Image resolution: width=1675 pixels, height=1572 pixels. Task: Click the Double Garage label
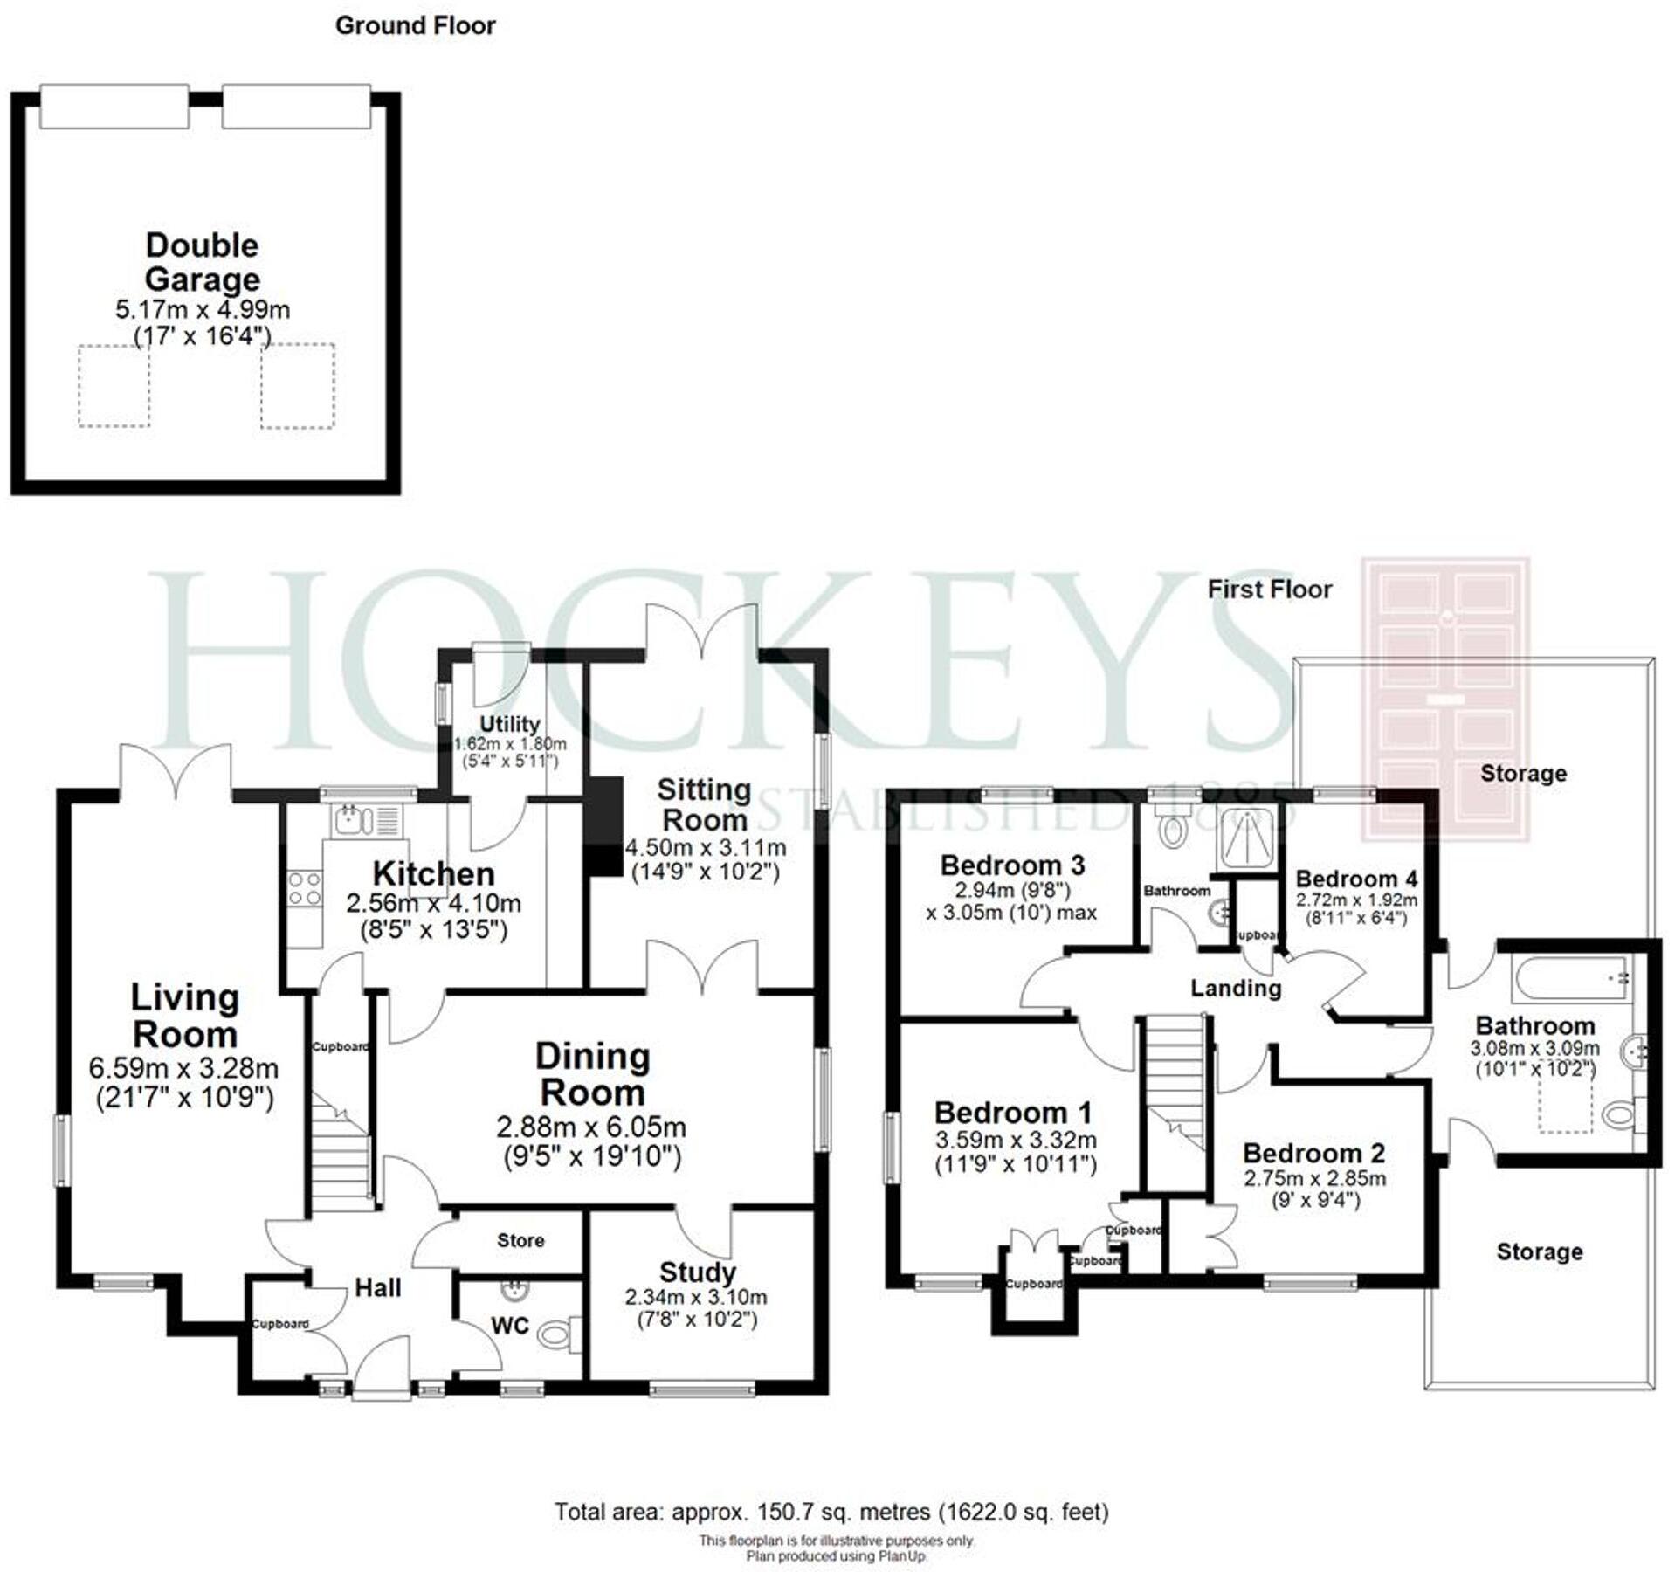(202, 262)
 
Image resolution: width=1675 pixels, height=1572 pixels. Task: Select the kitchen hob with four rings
(304, 887)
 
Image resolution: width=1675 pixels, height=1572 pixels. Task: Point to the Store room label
(520, 1240)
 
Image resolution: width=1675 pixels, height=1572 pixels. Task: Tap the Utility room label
(509, 724)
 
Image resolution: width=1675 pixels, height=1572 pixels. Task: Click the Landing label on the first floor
(1236, 988)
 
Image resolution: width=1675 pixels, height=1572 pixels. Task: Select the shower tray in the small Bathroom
(1248, 838)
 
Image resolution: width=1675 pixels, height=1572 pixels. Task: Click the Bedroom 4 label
(1355, 879)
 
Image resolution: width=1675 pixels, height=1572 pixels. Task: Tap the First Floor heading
(1269, 589)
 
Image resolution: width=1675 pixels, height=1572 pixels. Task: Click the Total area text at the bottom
(831, 1511)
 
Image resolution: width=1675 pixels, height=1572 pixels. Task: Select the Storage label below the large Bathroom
(1539, 1251)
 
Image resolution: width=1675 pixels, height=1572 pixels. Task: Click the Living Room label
(184, 1016)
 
